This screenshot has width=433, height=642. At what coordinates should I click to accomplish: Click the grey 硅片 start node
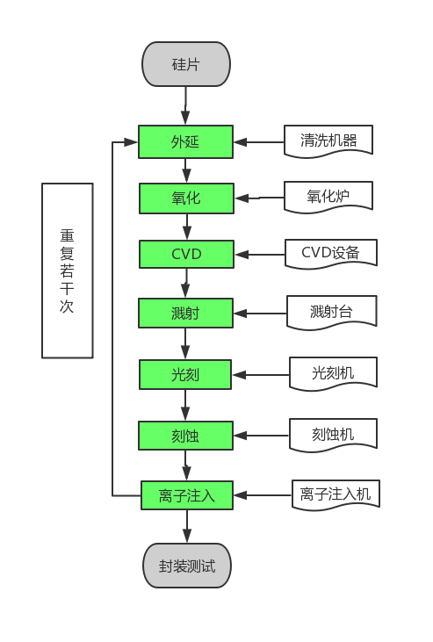tap(185, 64)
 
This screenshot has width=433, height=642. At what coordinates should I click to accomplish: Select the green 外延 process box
tap(185, 141)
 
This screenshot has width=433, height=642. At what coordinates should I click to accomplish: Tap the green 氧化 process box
tap(186, 198)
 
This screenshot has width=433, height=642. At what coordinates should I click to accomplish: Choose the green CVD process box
tap(186, 254)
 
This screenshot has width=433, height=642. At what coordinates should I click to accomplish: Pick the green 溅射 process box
tap(185, 313)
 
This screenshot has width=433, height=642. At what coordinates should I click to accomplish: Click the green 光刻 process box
tap(185, 374)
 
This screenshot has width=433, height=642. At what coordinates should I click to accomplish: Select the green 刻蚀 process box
tap(185, 435)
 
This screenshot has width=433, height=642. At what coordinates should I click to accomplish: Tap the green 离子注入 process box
tap(186, 494)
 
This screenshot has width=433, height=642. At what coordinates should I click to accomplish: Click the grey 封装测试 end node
tap(186, 565)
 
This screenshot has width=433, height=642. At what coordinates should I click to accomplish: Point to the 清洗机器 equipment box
tap(328, 140)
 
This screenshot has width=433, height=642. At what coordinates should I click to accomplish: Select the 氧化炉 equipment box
tap(328, 196)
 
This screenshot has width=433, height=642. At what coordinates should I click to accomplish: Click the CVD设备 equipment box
tap(330, 252)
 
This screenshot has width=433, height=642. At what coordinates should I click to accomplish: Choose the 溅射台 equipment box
tap(331, 311)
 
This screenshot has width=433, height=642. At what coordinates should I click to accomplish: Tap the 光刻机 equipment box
tap(333, 372)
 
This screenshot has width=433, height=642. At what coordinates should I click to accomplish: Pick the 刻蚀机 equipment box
tap(333, 433)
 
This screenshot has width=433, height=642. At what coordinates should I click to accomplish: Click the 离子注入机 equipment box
tap(335, 494)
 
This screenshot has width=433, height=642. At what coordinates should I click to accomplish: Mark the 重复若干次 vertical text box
tap(67, 271)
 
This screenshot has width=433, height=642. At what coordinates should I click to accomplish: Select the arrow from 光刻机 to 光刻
tap(261, 375)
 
